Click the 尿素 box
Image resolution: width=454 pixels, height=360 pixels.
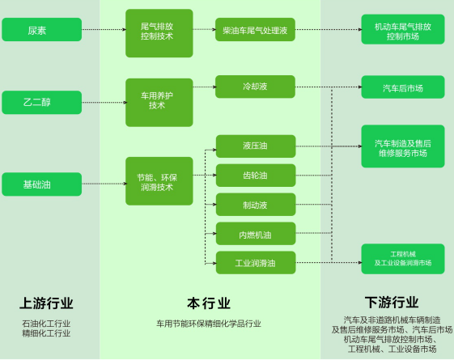[x=42, y=29]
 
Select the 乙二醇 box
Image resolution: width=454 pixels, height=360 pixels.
[x=42, y=103]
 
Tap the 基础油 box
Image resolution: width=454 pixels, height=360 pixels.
[x=42, y=184]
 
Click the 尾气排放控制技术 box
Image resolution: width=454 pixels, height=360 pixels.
[x=159, y=33]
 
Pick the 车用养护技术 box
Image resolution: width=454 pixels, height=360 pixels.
[x=159, y=103]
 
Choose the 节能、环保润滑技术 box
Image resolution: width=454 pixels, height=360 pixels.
[x=159, y=181]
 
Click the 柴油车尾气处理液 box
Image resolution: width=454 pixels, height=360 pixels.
[x=255, y=29]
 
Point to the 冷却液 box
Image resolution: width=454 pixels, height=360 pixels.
[x=255, y=87]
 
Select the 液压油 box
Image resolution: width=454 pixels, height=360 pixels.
[x=256, y=146]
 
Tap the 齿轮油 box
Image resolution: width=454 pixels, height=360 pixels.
[x=256, y=176]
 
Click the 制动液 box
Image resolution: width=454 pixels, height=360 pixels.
[x=256, y=205]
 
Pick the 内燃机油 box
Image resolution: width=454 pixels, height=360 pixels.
[x=256, y=234]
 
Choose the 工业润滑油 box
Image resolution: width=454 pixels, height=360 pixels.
[x=256, y=263]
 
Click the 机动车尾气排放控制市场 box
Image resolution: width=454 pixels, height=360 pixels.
[x=403, y=29]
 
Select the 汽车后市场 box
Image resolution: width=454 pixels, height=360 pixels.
[x=403, y=87]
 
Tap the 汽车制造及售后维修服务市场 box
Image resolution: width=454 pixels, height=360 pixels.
[x=403, y=146]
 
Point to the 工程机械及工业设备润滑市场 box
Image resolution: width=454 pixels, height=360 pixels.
[x=403, y=259]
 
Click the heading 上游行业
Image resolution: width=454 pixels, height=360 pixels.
[x=46, y=303]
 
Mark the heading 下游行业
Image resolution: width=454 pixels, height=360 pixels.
[x=392, y=303]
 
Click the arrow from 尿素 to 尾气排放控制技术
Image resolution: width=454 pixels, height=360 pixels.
[x=104, y=29]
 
